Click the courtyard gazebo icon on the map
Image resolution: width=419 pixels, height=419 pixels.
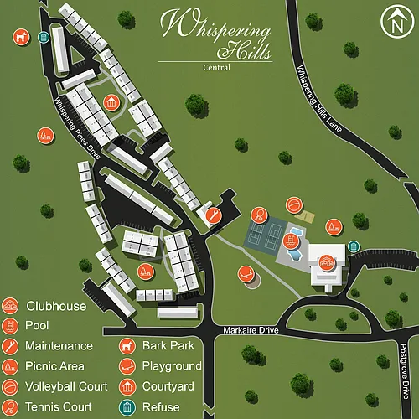point(111,103)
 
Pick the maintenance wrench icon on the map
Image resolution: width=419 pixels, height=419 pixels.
point(215,215)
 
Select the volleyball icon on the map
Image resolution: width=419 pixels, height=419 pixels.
point(294,205)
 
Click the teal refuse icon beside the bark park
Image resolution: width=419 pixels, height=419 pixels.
point(43,36)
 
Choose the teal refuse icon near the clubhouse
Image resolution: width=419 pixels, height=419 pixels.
point(354,247)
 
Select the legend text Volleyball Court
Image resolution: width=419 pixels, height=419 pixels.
point(66,386)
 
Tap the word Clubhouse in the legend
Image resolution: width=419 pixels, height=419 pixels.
point(56,306)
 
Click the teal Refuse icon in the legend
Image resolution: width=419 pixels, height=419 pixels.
point(128,406)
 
